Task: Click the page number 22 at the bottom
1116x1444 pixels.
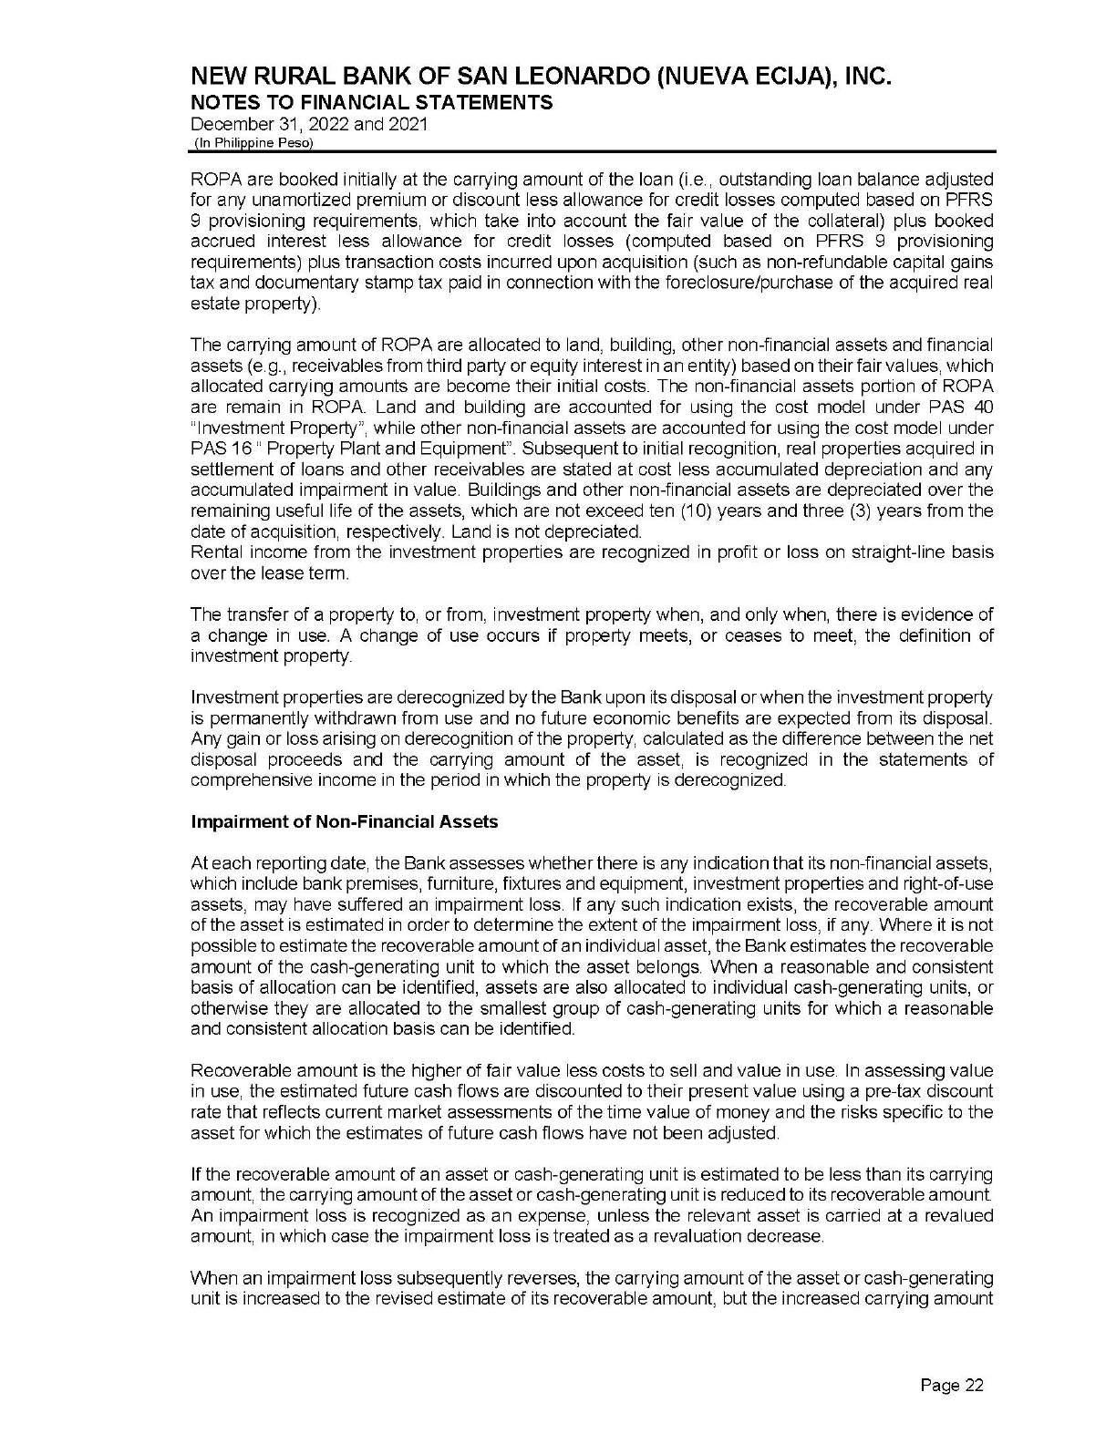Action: coord(952,1387)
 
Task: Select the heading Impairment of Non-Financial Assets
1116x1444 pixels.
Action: coord(345,822)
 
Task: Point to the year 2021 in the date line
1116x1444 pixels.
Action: coord(408,124)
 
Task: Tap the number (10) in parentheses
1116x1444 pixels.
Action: coord(786,511)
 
